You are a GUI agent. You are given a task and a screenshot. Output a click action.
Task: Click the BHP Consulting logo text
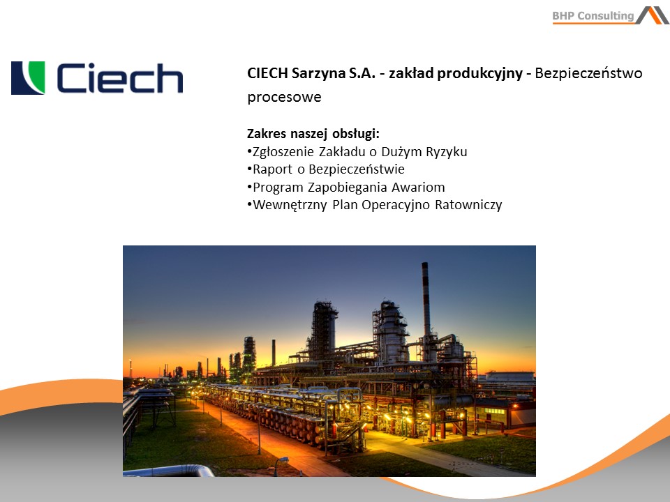pos(593,16)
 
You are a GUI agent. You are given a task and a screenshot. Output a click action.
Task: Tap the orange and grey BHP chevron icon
pos(653,15)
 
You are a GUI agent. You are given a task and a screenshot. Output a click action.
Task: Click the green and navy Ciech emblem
pos(28,77)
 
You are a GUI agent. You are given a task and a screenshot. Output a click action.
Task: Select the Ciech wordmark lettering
pos(120,77)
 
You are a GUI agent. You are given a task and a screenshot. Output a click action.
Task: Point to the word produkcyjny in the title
pos(480,73)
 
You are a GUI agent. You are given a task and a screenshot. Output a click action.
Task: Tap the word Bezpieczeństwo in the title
pos(588,73)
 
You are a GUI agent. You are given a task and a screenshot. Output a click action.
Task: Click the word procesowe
pos(284,98)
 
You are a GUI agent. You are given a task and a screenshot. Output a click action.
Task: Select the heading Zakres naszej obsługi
pos(313,134)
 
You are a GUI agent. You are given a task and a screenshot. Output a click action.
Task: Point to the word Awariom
pos(418,187)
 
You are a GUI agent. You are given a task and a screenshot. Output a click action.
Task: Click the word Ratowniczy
pos(468,205)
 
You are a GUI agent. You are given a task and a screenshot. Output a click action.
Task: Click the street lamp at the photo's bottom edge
pos(279,465)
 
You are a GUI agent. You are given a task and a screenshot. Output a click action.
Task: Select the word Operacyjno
pos(395,205)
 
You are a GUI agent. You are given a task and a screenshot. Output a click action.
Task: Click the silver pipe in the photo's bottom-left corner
pos(171,471)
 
